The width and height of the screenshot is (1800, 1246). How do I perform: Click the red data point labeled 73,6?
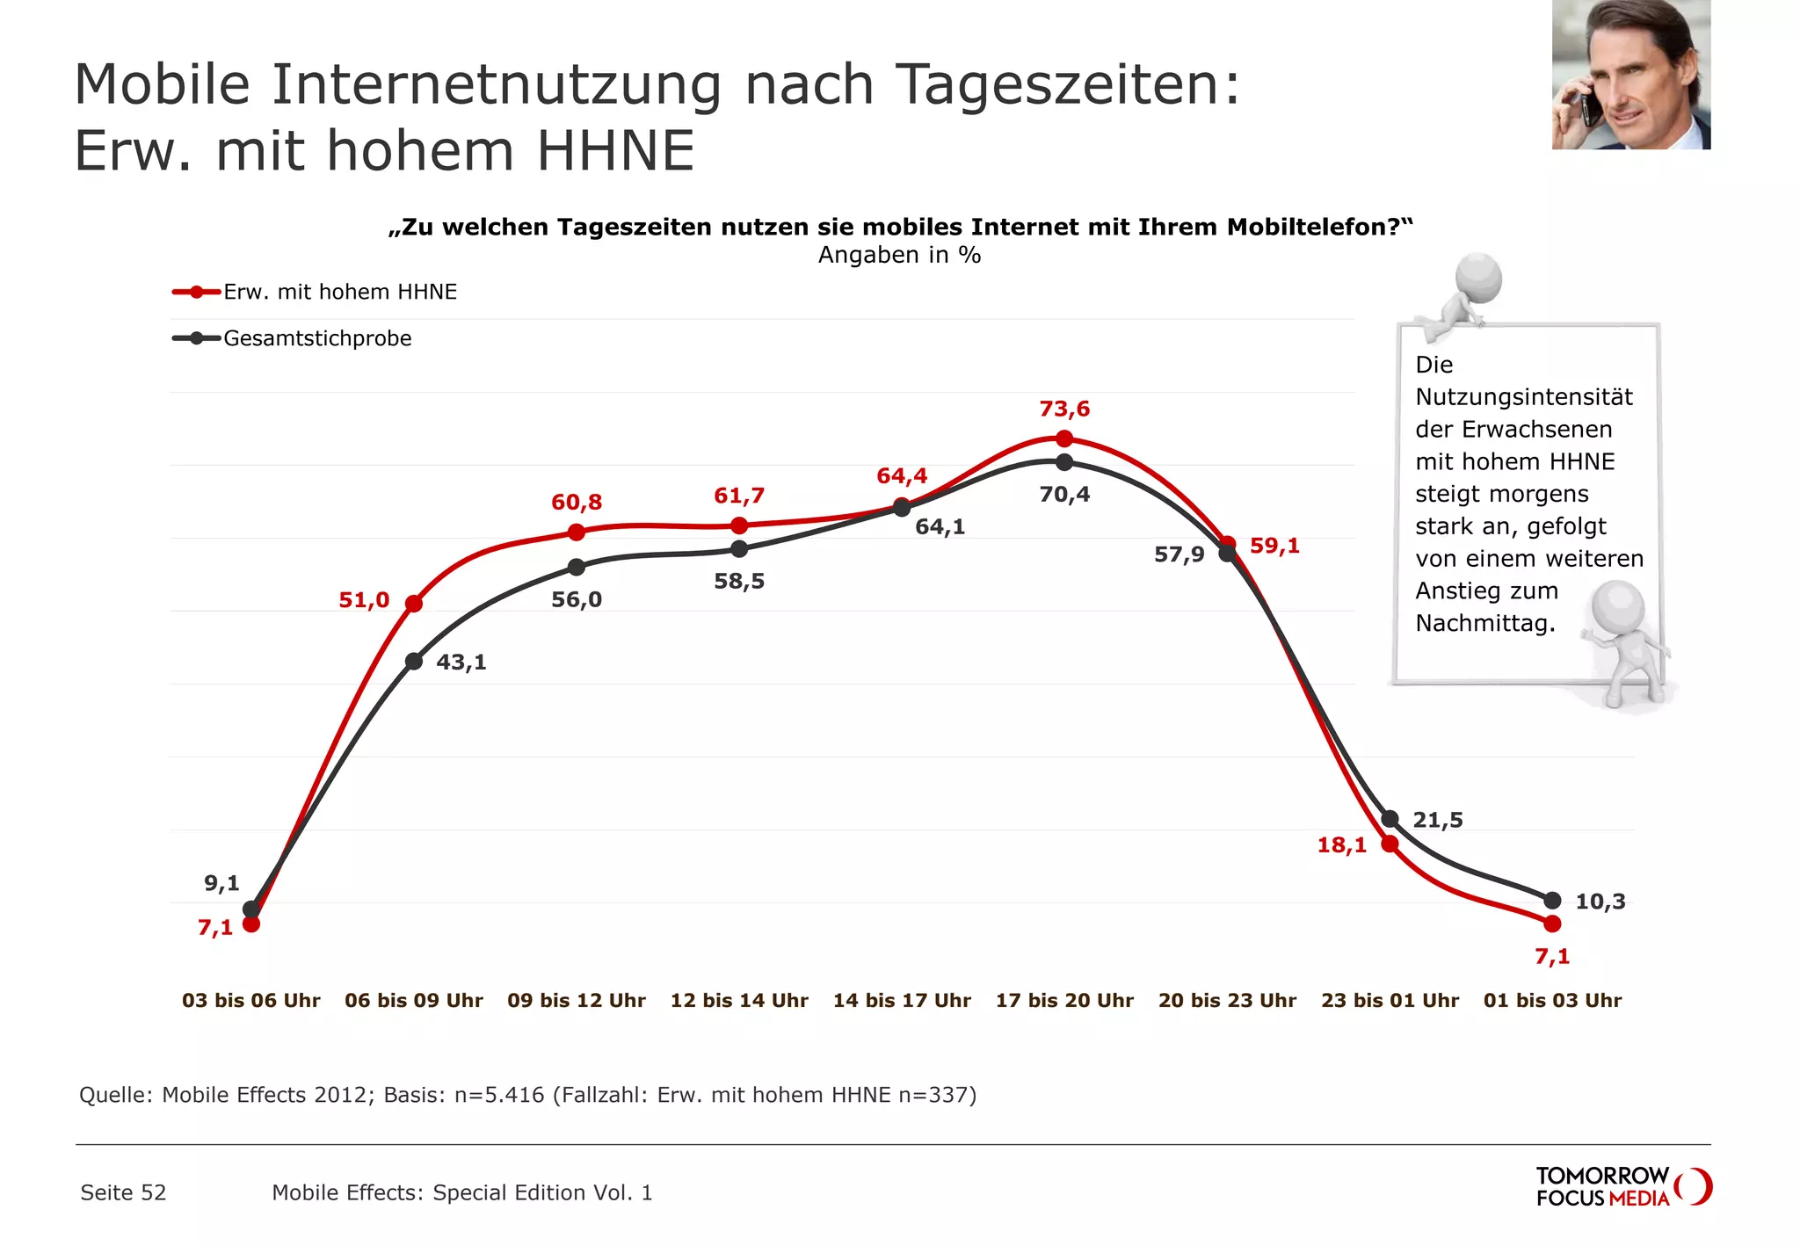click(x=1064, y=438)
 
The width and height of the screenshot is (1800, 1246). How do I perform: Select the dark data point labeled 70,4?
click(x=1064, y=462)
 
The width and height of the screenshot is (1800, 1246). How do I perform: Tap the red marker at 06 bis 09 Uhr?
click(x=414, y=604)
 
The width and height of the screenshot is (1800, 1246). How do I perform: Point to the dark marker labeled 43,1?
click(x=414, y=662)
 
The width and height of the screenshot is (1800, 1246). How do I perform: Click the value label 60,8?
click(x=577, y=503)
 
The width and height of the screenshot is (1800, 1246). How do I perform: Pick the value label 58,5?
click(x=739, y=582)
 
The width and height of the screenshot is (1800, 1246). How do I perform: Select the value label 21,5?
click(x=1438, y=821)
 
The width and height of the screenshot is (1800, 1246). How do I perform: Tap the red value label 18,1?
click(x=1341, y=845)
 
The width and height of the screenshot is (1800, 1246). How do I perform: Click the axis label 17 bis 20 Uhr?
click(x=1064, y=1001)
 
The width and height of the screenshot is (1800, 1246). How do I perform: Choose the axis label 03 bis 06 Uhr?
click(x=251, y=1001)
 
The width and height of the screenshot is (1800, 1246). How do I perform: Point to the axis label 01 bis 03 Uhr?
click(x=1552, y=1001)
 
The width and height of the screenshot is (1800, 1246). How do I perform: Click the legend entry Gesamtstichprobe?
click(x=317, y=339)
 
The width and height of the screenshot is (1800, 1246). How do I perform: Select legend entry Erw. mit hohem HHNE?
click(x=340, y=293)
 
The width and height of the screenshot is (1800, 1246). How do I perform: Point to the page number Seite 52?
click(x=123, y=1193)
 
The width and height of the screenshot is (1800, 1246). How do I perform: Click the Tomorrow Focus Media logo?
click(x=1622, y=1187)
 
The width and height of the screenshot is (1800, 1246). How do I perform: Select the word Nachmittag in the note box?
click(x=1484, y=624)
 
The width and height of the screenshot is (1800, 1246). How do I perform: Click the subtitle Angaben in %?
click(x=899, y=256)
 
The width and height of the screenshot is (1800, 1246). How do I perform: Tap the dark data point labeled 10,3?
click(x=1552, y=901)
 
